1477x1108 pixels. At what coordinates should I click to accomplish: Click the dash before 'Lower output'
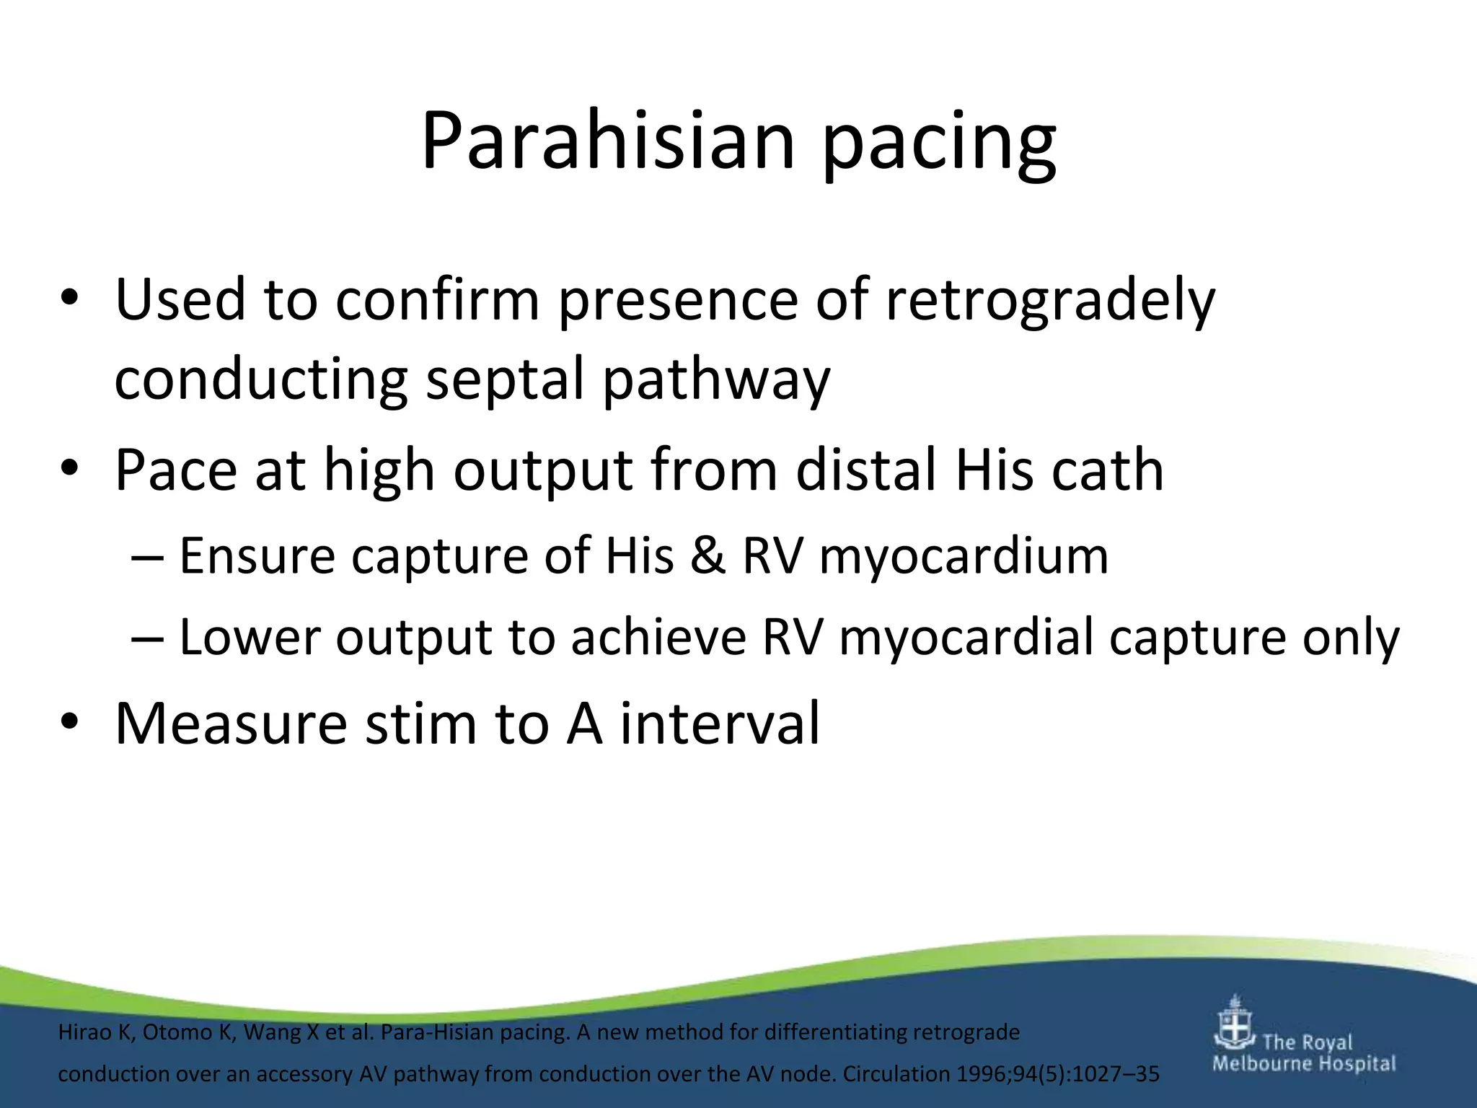[x=148, y=638]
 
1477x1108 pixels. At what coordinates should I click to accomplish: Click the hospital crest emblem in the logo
[x=1235, y=1024]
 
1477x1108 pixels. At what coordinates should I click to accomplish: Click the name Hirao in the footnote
[x=84, y=1032]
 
